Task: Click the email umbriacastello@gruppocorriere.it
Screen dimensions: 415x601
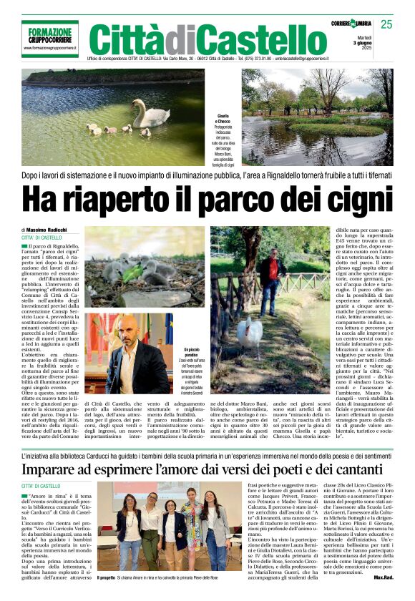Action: [x=321, y=57]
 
